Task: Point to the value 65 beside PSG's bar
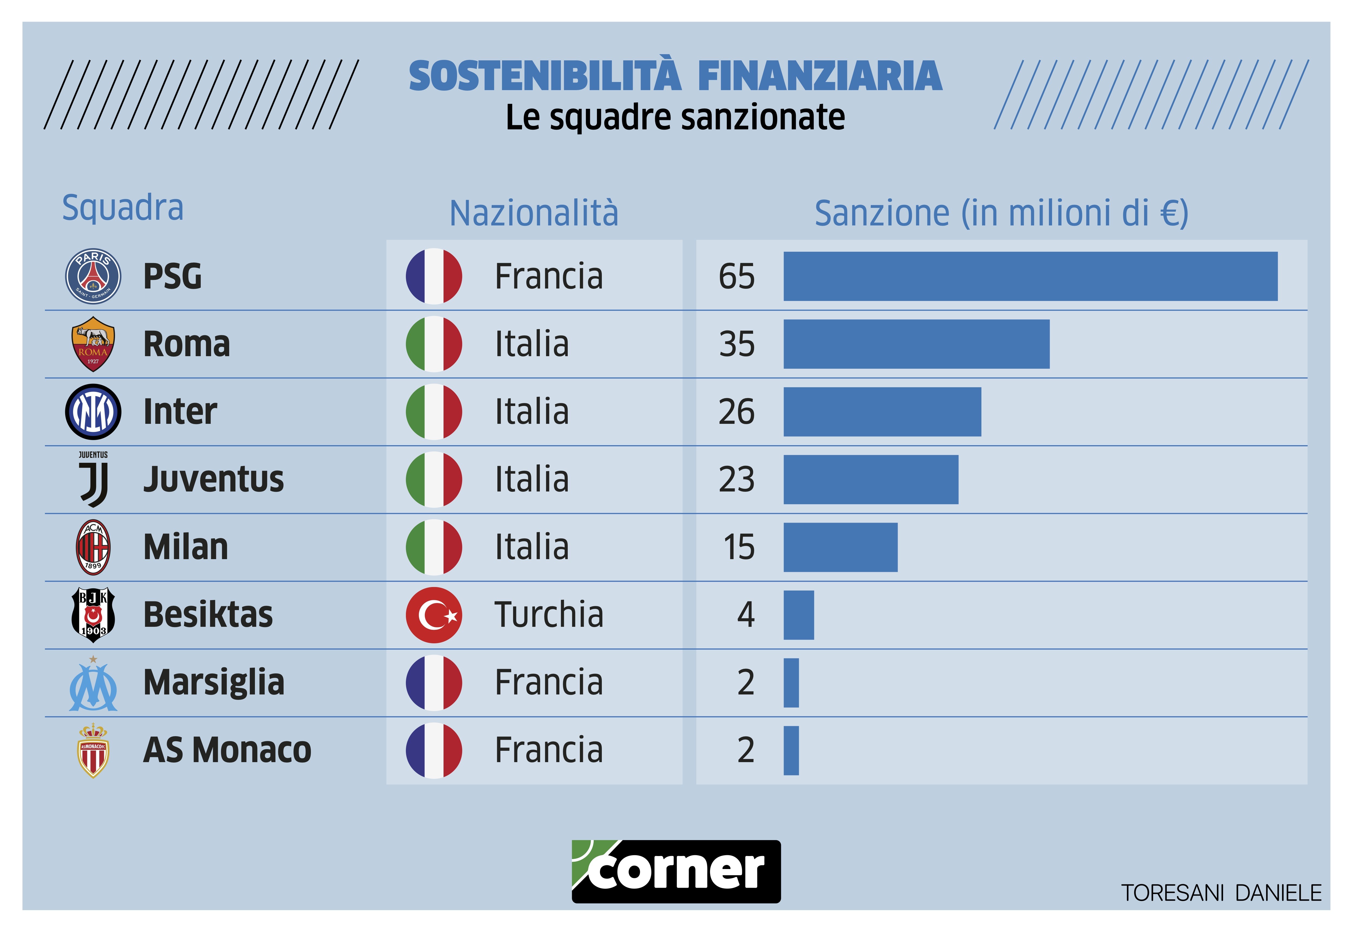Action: click(737, 277)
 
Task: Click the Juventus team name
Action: click(214, 480)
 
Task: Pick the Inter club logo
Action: click(93, 412)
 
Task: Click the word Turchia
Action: click(549, 615)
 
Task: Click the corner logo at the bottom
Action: click(676, 871)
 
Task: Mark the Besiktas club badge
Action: click(93, 615)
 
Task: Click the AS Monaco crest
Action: click(93, 751)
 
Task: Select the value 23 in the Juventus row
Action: click(737, 480)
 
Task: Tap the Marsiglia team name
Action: click(214, 683)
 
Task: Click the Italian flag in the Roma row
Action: click(434, 344)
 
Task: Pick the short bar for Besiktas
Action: click(798, 615)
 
